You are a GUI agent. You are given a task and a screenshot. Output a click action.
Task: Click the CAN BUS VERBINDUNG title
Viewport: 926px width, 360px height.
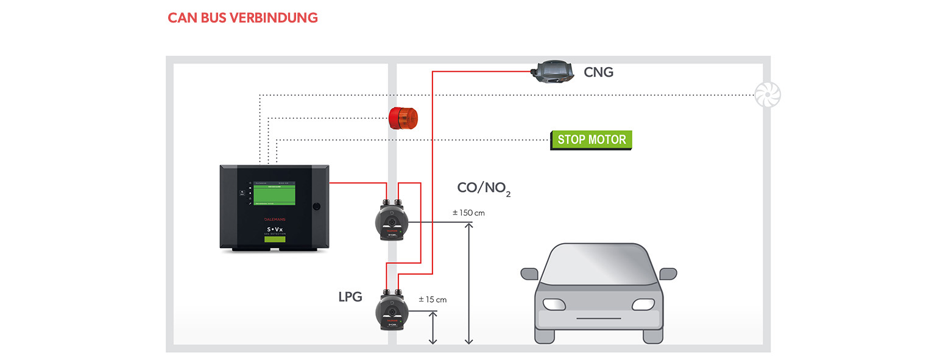click(242, 18)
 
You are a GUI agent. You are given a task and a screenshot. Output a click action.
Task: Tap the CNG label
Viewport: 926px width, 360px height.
click(598, 72)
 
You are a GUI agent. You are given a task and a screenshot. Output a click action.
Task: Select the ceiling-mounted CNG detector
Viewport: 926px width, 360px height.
click(553, 72)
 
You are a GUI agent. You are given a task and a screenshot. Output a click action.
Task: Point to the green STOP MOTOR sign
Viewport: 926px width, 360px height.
click(591, 139)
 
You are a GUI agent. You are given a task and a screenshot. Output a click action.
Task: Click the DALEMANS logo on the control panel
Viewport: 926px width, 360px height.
click(274, 216)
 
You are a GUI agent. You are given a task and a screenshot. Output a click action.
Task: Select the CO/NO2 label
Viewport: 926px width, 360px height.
click(484, 188)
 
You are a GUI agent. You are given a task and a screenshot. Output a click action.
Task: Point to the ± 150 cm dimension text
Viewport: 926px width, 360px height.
click(468, 213)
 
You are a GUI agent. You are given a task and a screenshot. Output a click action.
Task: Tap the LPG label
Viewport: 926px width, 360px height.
click(350, 297)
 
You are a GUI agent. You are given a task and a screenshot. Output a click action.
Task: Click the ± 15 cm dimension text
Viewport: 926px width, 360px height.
click(433, 300)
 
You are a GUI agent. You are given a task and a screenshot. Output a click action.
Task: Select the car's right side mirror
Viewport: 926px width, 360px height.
click(668, 274)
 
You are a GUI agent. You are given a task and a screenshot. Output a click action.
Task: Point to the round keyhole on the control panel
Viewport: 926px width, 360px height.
click(316, 206)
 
